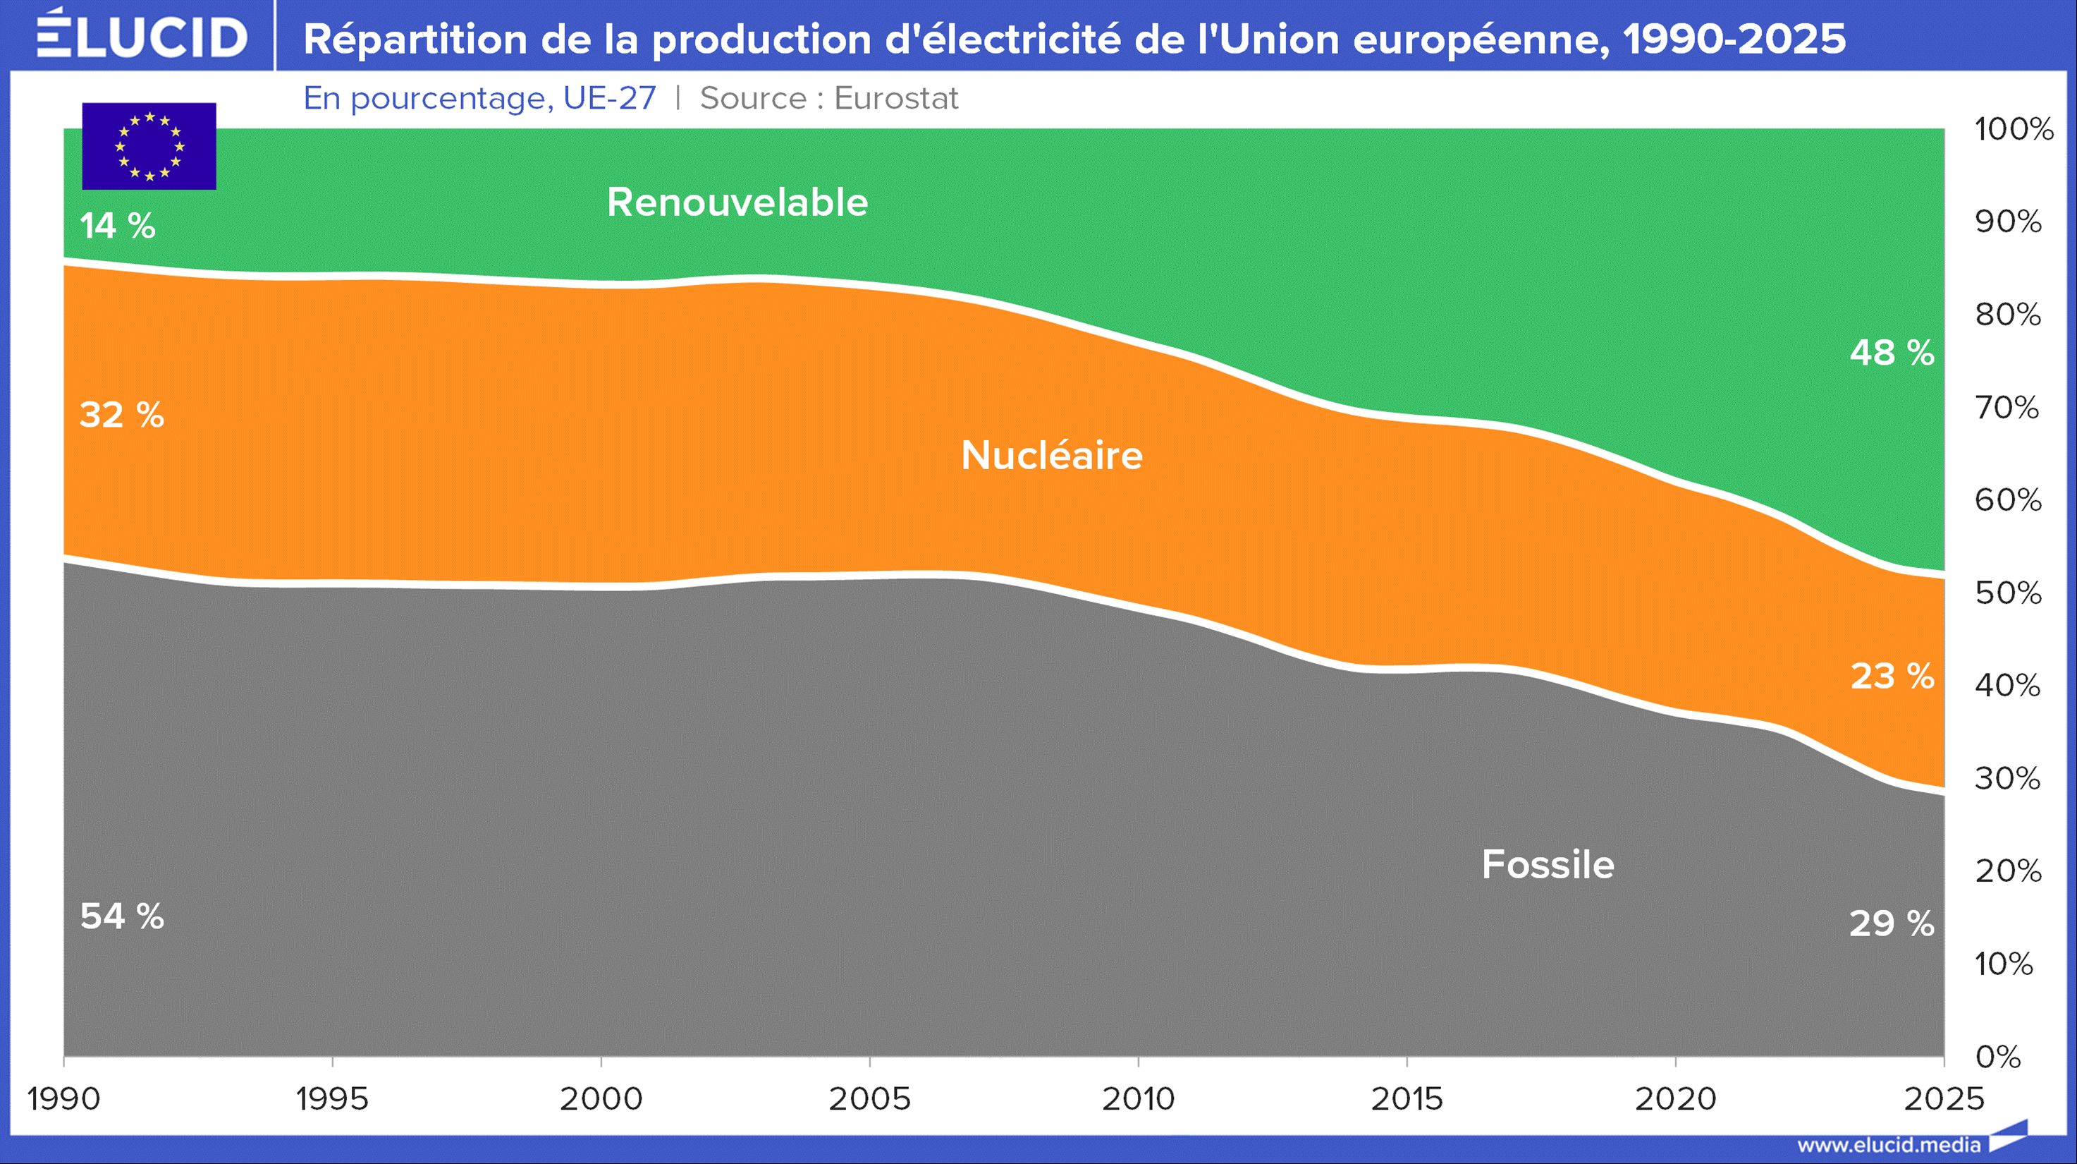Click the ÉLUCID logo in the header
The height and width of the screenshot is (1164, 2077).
142,35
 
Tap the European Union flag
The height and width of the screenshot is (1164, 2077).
149,146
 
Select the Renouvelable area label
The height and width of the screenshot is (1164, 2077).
737,202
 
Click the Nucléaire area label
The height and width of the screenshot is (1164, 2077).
1051,456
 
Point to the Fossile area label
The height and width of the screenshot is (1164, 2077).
1548,865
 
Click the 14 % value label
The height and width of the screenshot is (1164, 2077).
118,226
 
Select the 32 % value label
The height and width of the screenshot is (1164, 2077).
122,416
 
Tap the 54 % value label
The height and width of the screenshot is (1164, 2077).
122,916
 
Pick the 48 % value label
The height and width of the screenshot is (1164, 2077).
1892,353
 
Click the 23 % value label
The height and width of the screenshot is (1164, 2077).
1892,676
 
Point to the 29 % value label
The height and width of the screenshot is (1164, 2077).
1892,923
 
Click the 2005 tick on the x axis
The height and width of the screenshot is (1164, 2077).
869,1098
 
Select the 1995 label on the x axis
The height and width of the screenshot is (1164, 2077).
332,1098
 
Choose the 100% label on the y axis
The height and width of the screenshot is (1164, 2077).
2014,129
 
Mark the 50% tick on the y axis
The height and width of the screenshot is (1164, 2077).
2008,593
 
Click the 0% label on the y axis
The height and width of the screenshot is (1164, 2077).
1998,1057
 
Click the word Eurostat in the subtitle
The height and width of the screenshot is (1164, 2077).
896,99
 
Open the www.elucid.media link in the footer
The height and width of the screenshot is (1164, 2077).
1888,1145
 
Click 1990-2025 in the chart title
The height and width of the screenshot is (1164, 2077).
1734,39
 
